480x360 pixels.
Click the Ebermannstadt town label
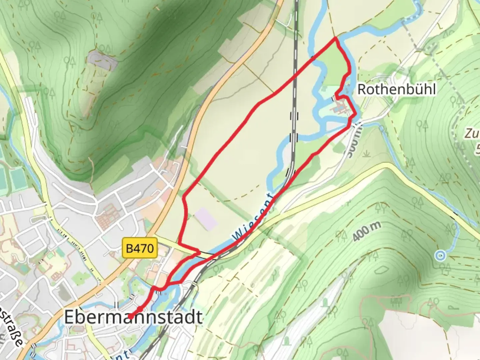(133, 317)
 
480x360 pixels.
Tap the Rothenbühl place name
(396, 89)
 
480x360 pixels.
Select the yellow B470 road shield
(140, 248)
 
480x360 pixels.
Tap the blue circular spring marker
(441, 256)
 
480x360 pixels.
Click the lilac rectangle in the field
(206, 219)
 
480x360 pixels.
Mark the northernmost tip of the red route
(336, 39)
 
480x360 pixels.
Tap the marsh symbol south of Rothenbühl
(367, 153)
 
